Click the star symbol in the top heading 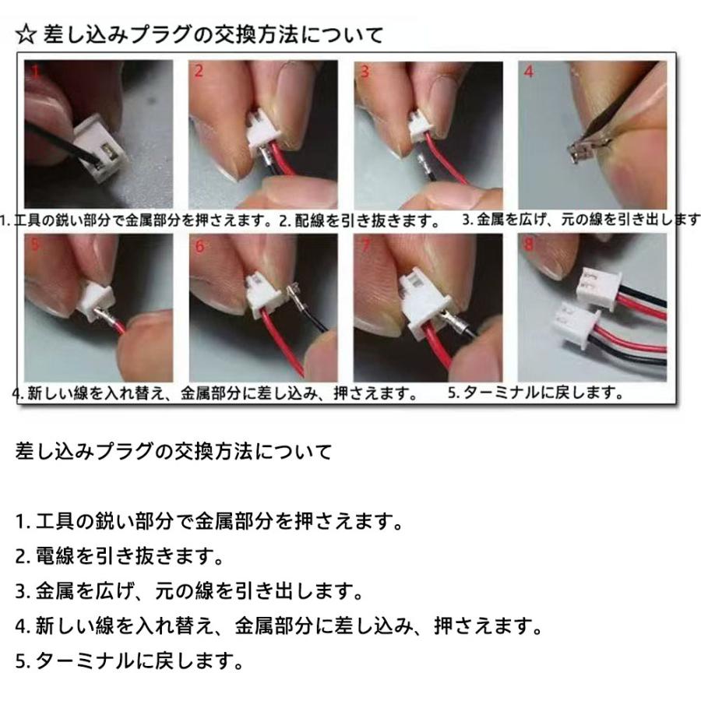pyautogui.click(x=26, y=35)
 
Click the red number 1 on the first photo pyautogui.click(x=36, y=72)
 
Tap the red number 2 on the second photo pyautogui.click(x=199, y=71)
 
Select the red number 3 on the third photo pyautogui.click(x=365, y=72)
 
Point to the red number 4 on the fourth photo pyautogui.click(x=529, y=72)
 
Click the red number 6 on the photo pyautogui.click(x=199, y=245)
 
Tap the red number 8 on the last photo pyautogui.click(x=529, y=245)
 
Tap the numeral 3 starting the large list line pyautogui.click(x=20, y=591)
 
